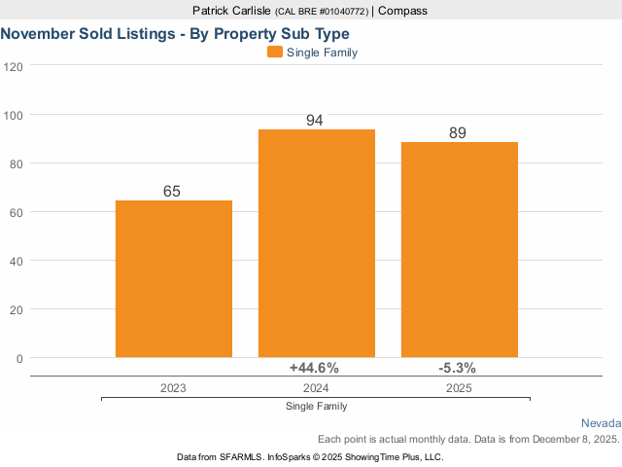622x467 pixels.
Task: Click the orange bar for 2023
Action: click(174, 279)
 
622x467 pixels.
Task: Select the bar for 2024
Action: click(316, 243)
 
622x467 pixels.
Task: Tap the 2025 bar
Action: click(459, 250)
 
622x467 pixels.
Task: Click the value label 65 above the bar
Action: click(172, 192)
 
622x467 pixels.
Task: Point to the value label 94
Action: click(314, 121)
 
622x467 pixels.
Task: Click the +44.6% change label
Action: click(314, 368)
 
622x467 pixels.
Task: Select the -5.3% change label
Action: click(458, 368)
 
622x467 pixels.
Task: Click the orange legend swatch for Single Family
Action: click(274, 53)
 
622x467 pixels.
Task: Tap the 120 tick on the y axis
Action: click(14, 66)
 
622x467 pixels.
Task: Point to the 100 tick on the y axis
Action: click(14, 115)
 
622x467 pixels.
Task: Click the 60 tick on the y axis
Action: click(17, 212)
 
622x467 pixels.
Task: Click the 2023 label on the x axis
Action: click(173, 387)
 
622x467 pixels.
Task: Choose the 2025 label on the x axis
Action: click(458, 387)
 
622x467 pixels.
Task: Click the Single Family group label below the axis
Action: click(316, 406)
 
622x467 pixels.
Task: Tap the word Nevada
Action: click(601, 423)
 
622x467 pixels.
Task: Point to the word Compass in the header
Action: click(401, 11)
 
